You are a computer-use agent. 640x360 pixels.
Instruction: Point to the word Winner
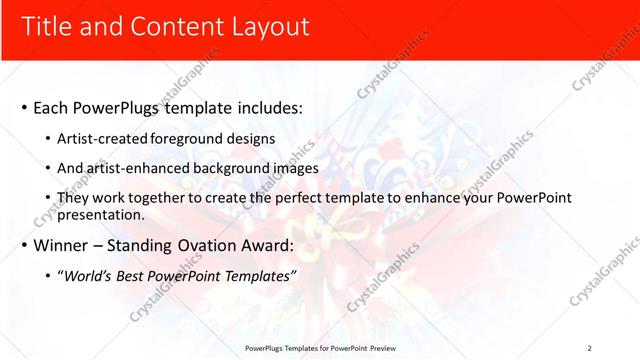pyautogui.click(x=62, y=245)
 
